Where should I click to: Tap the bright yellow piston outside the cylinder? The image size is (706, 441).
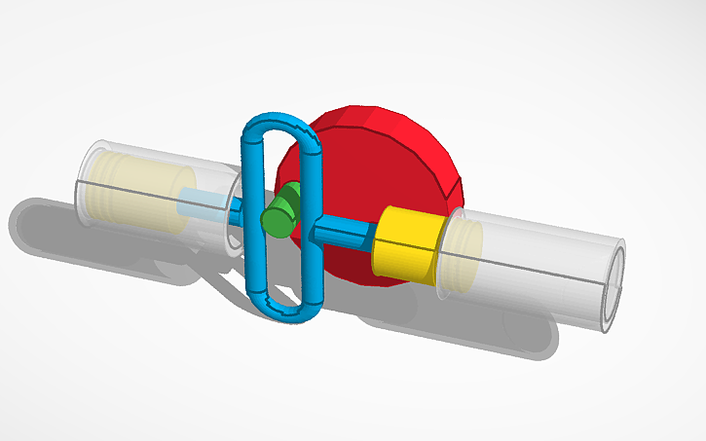[407, 244]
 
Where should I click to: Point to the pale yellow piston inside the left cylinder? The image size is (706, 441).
[146, 194]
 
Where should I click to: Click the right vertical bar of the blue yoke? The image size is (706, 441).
[312, 224]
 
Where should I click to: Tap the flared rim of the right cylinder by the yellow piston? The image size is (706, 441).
[449, 255]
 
